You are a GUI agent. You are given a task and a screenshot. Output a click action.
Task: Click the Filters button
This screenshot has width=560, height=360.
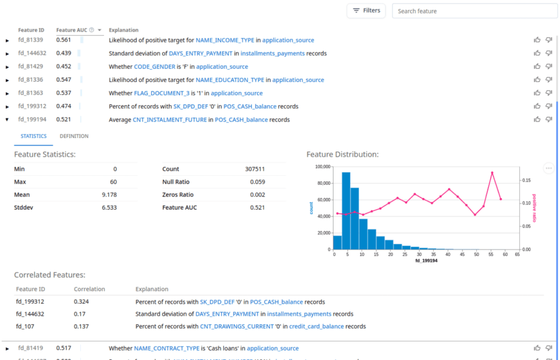[x=366, y=11]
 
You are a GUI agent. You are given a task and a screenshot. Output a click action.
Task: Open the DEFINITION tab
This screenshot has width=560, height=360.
[x=74, y=136]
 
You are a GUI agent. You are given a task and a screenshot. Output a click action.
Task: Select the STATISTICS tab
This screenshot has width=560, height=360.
[x=33, y=136]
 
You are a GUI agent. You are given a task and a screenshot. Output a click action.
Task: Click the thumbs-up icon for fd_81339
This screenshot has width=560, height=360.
[x=537, y=40]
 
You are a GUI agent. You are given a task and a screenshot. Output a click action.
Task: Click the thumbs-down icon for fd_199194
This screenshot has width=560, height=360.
[x=549, y=120]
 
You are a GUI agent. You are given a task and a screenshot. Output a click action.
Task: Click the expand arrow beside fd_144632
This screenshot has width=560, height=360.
[x=7, y=54]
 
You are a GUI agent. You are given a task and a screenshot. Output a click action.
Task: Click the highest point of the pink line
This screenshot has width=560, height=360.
[x=492, y=173]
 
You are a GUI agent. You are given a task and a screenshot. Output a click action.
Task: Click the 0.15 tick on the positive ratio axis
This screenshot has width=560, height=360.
[x=526, y=180]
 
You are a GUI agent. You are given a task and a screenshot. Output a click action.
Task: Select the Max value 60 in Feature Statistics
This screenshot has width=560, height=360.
[x=113, y=182]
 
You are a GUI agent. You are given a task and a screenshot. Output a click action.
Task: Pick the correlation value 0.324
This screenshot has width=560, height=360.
[x=81, y=302]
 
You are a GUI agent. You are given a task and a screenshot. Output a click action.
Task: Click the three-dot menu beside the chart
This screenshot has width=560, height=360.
[x=549, y=168]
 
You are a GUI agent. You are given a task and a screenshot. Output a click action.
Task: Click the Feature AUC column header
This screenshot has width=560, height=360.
[x=72, y=30]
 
